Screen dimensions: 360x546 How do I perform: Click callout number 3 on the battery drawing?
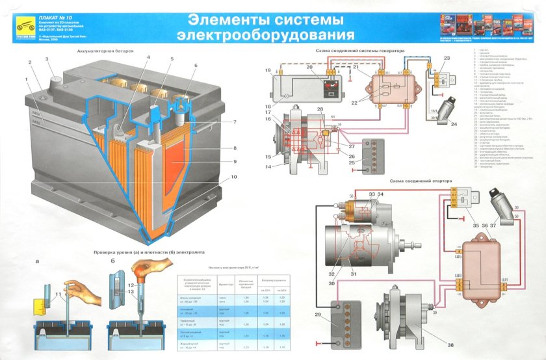click(x=47, y=59)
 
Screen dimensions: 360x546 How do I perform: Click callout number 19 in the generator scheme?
click(x=268, y=70)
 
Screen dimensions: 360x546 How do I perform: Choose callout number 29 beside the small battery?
click(x=318, y=315)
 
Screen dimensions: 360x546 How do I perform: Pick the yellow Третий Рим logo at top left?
click(x=21, y=25)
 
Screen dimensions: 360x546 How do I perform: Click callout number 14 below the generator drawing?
click(x=268, y=167)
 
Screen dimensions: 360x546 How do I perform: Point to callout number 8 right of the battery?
click(x=235, y=149)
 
